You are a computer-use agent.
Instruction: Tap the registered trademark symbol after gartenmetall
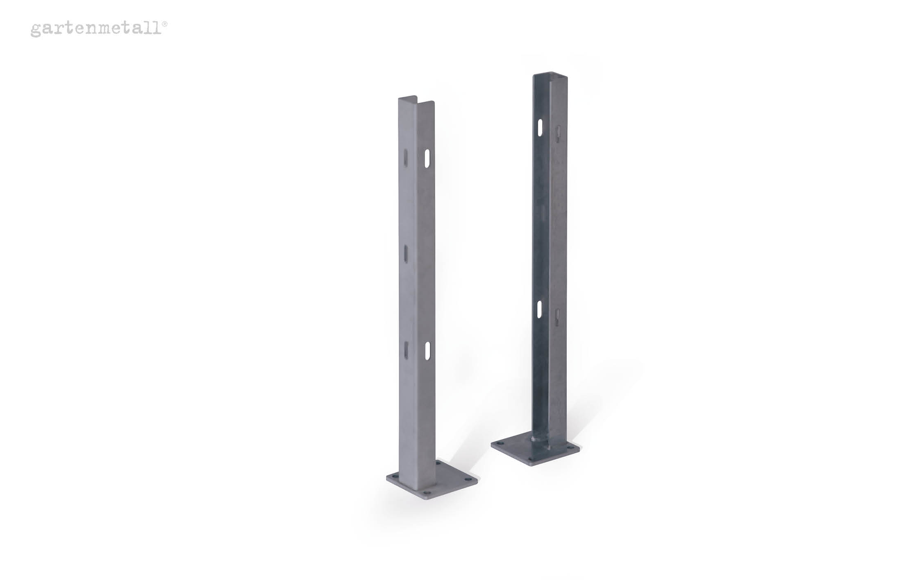click(x=165, y=24)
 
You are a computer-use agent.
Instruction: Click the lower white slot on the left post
click(x=427, y=351)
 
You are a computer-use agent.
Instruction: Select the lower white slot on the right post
click(x=540, y=309)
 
